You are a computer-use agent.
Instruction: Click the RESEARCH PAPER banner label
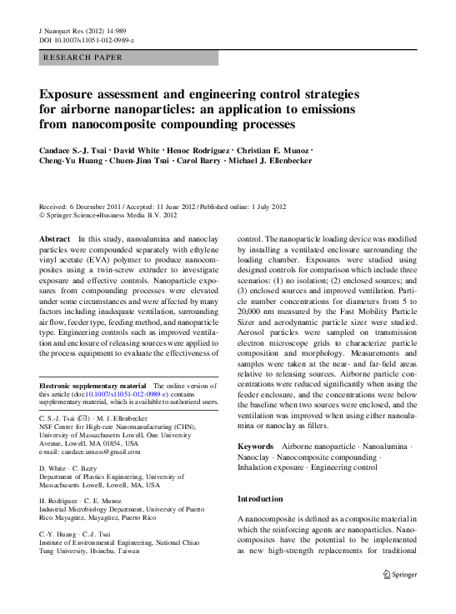point(83,57)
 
